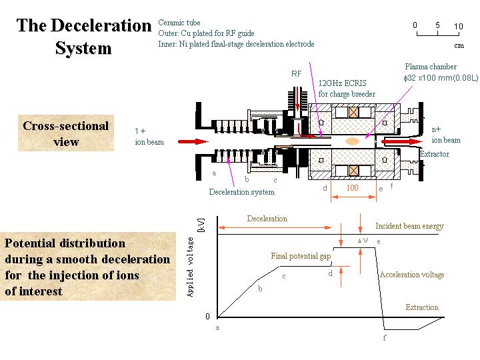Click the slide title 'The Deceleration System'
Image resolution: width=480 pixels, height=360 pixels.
point(84,37)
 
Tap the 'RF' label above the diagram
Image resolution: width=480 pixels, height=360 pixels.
point(297,73)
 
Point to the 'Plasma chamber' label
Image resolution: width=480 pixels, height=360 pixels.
point(431,67)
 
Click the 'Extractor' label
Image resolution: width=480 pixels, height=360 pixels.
point(434,154)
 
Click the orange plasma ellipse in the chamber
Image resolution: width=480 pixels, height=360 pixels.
point(353,141)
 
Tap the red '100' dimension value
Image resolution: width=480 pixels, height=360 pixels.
point(352,188)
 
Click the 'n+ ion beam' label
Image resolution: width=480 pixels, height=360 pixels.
point(445,135)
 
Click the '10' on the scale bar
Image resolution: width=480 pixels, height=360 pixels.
point(458,26)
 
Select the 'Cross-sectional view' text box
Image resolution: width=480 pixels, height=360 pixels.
point(65,133)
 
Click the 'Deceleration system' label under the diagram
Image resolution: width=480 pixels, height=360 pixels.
point(241,192)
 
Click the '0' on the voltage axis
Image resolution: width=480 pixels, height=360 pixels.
point(207,316)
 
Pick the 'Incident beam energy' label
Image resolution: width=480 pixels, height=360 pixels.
point(409,226)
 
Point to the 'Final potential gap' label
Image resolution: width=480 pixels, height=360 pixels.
point(301,256)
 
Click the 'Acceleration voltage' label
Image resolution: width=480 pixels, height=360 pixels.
point(411,275)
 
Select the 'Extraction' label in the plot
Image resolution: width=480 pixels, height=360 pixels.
point(422,307)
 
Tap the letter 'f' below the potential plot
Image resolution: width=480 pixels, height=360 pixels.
point(385,338)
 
